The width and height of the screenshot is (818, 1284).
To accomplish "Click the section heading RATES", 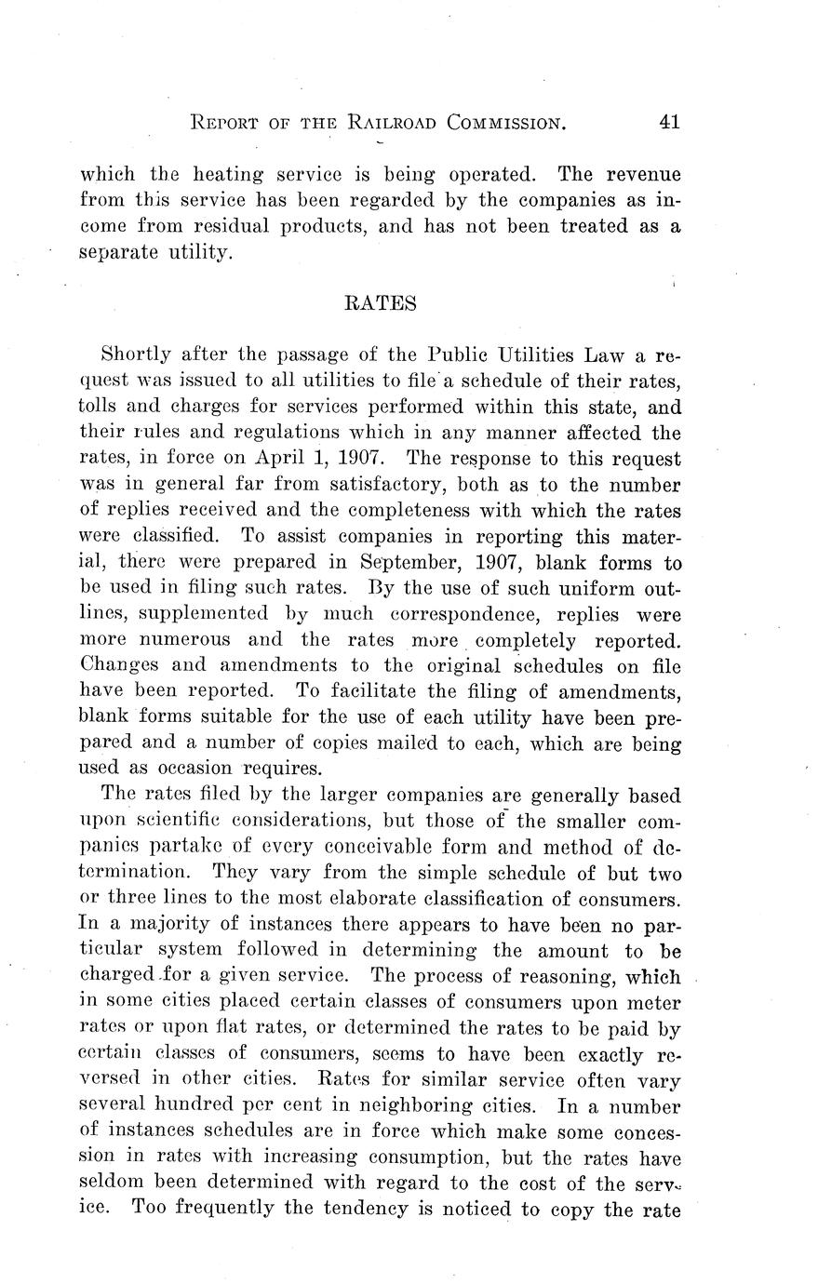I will [x=380, y=303].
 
